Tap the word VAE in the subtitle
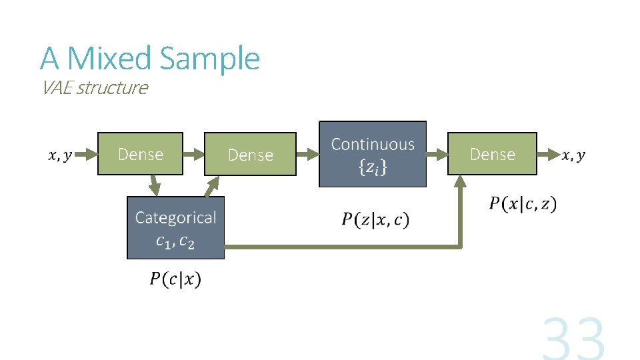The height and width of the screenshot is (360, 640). (57, 87)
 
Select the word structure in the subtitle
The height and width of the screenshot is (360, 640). (113, 88)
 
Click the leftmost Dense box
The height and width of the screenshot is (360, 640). (140, 154)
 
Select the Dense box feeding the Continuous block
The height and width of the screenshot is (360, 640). (250, 155)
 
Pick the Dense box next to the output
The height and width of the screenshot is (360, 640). (492, 154)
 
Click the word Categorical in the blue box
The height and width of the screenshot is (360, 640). (175, 217)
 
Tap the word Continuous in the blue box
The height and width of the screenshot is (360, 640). (373, 144)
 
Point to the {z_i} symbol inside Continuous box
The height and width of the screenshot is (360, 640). (373, 168)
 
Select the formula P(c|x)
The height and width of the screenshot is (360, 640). (175, 279)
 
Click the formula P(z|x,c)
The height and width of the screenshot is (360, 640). (376, 219)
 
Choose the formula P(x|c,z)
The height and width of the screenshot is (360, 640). (523, 203)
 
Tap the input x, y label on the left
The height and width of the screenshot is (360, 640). (59, 156)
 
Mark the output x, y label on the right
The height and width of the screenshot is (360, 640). (573, 155)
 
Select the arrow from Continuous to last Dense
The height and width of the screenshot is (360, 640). (436, 154)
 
